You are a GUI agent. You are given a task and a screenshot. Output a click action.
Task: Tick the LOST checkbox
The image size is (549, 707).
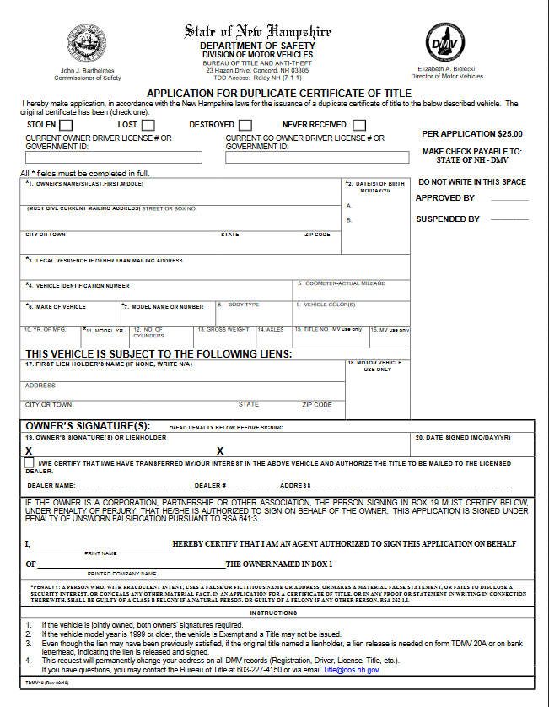148,126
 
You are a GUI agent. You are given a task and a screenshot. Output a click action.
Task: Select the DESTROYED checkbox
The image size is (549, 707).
245,126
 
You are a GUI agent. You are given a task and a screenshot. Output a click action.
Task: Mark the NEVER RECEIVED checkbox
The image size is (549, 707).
360,126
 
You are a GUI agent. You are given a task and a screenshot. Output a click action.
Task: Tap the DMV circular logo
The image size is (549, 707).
444,41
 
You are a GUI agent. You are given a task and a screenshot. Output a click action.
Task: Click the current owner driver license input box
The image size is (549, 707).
114,157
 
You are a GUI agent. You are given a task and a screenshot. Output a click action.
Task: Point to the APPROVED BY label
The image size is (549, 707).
445,198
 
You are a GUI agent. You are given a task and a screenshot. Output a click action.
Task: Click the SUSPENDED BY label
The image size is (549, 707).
448,219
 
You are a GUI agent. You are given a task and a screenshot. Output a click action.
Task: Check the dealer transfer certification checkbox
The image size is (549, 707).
30,462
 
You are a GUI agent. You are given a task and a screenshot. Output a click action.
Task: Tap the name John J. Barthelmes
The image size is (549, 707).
88,70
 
